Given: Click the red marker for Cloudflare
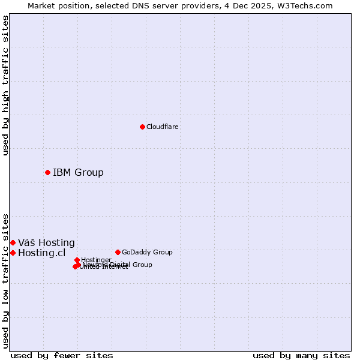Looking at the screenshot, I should (142, 127).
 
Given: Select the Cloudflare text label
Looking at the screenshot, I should (163, 127).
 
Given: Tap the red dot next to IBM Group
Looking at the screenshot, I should (47, 172).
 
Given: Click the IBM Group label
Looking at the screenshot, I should (78, 173).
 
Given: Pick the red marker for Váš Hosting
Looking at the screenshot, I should (13, 242).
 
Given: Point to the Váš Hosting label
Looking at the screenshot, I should (46, 243).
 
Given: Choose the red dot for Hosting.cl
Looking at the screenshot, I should (13, 253).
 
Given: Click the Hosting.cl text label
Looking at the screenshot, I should (41, 253).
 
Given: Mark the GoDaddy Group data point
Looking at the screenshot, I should (118, 252).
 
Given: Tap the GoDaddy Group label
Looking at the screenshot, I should (147, 253).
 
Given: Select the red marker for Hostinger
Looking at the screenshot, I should (77, 260).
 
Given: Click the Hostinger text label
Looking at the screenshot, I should (97, 260).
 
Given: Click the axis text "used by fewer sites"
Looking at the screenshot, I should (62, 356).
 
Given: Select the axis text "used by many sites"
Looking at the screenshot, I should (301, 356).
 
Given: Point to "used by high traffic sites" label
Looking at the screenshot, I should (6, 85).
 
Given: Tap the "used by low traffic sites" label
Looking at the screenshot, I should (6, 280).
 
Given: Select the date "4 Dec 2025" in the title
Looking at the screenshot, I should (259, 5).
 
